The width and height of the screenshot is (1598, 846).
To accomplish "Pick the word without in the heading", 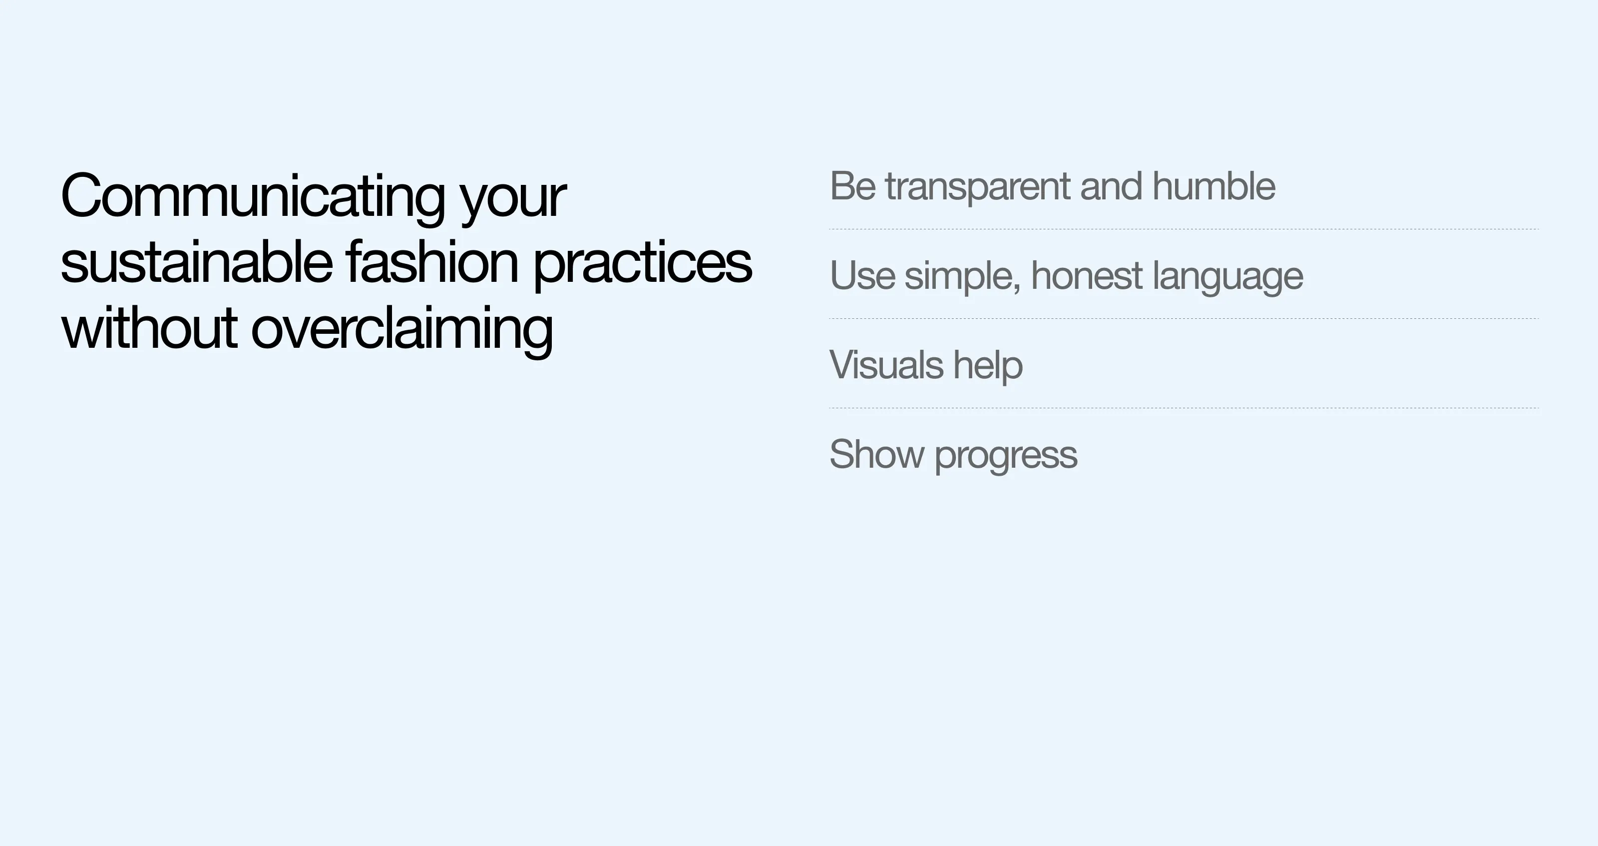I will (x=149, y=328).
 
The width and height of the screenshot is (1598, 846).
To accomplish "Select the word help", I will (x=988, y=366).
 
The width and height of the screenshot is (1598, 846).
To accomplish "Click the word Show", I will (x=876, y=454).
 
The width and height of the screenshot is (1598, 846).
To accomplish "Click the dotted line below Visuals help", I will (x=1184, y=408).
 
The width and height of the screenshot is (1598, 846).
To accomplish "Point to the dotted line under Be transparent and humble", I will (x=1184, y=229).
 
